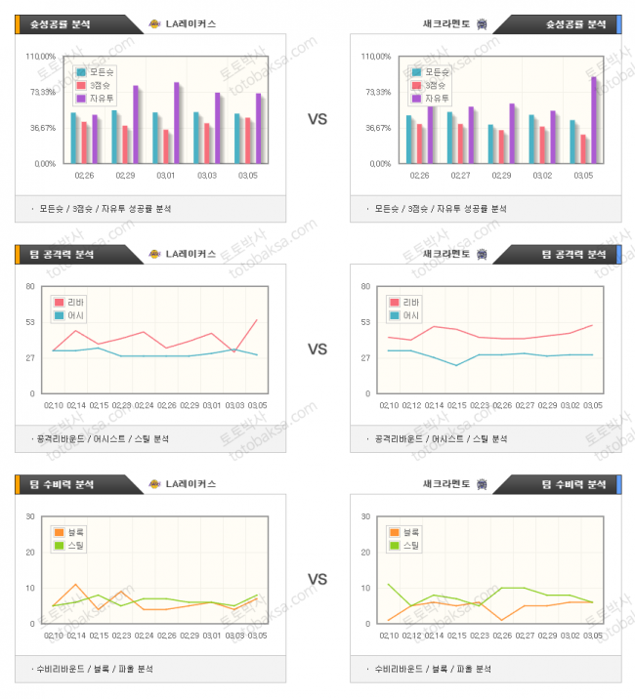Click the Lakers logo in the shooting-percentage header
point(154,23)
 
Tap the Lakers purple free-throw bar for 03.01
point(177,122)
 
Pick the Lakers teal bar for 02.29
point(114,137)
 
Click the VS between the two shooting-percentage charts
point(317,119)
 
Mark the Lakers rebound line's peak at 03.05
point(257,319)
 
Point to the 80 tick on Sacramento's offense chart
point(364,286)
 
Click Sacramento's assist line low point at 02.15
point(455,365)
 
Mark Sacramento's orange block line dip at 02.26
point(501,620)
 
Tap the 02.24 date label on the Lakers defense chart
point(145,636)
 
